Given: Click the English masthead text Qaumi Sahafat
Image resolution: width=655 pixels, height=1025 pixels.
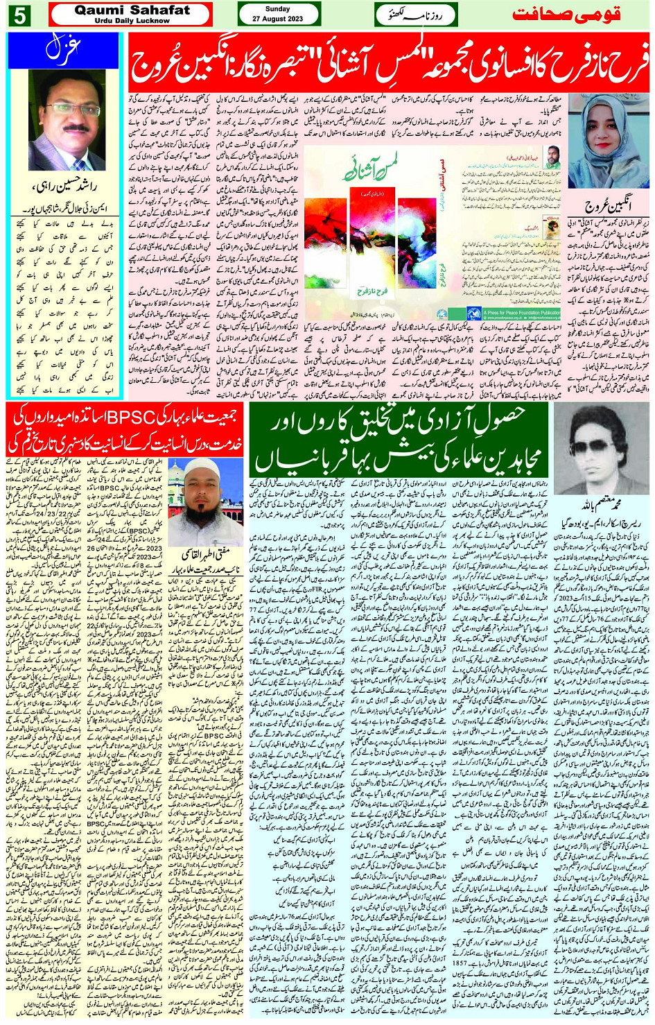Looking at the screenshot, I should tap(132, 10).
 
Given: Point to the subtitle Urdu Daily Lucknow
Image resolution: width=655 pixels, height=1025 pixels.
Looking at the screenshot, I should tap(132, 21).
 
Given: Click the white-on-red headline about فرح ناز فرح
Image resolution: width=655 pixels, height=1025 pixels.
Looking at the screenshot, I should tap(388, 64).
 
